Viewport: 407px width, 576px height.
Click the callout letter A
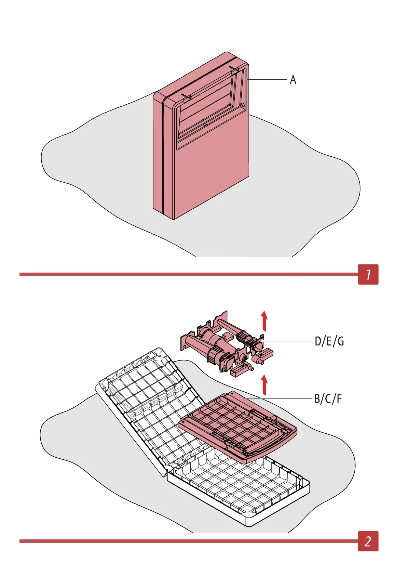[x=293, y=80]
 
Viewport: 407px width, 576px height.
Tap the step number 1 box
[x=368, y=274]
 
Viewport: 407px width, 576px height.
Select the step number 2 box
[x=368, y=541]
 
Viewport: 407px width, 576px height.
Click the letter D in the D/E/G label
[x=318, y=341]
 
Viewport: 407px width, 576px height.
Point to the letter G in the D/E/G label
[x=340, y=341]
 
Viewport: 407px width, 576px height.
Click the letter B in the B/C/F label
[x=318, y=399]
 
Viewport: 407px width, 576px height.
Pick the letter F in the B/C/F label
[x=339, y=399]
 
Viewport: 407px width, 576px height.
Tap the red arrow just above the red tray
[x=264, y=384]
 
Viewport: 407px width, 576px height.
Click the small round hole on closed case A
[x=243, y=104]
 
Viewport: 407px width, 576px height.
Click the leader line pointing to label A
[x=267, y=80]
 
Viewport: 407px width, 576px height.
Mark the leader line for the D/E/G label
[x=287, y=341]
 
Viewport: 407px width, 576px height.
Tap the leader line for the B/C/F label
[x=277, y=398]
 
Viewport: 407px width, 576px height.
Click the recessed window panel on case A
[x=208, y=109]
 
